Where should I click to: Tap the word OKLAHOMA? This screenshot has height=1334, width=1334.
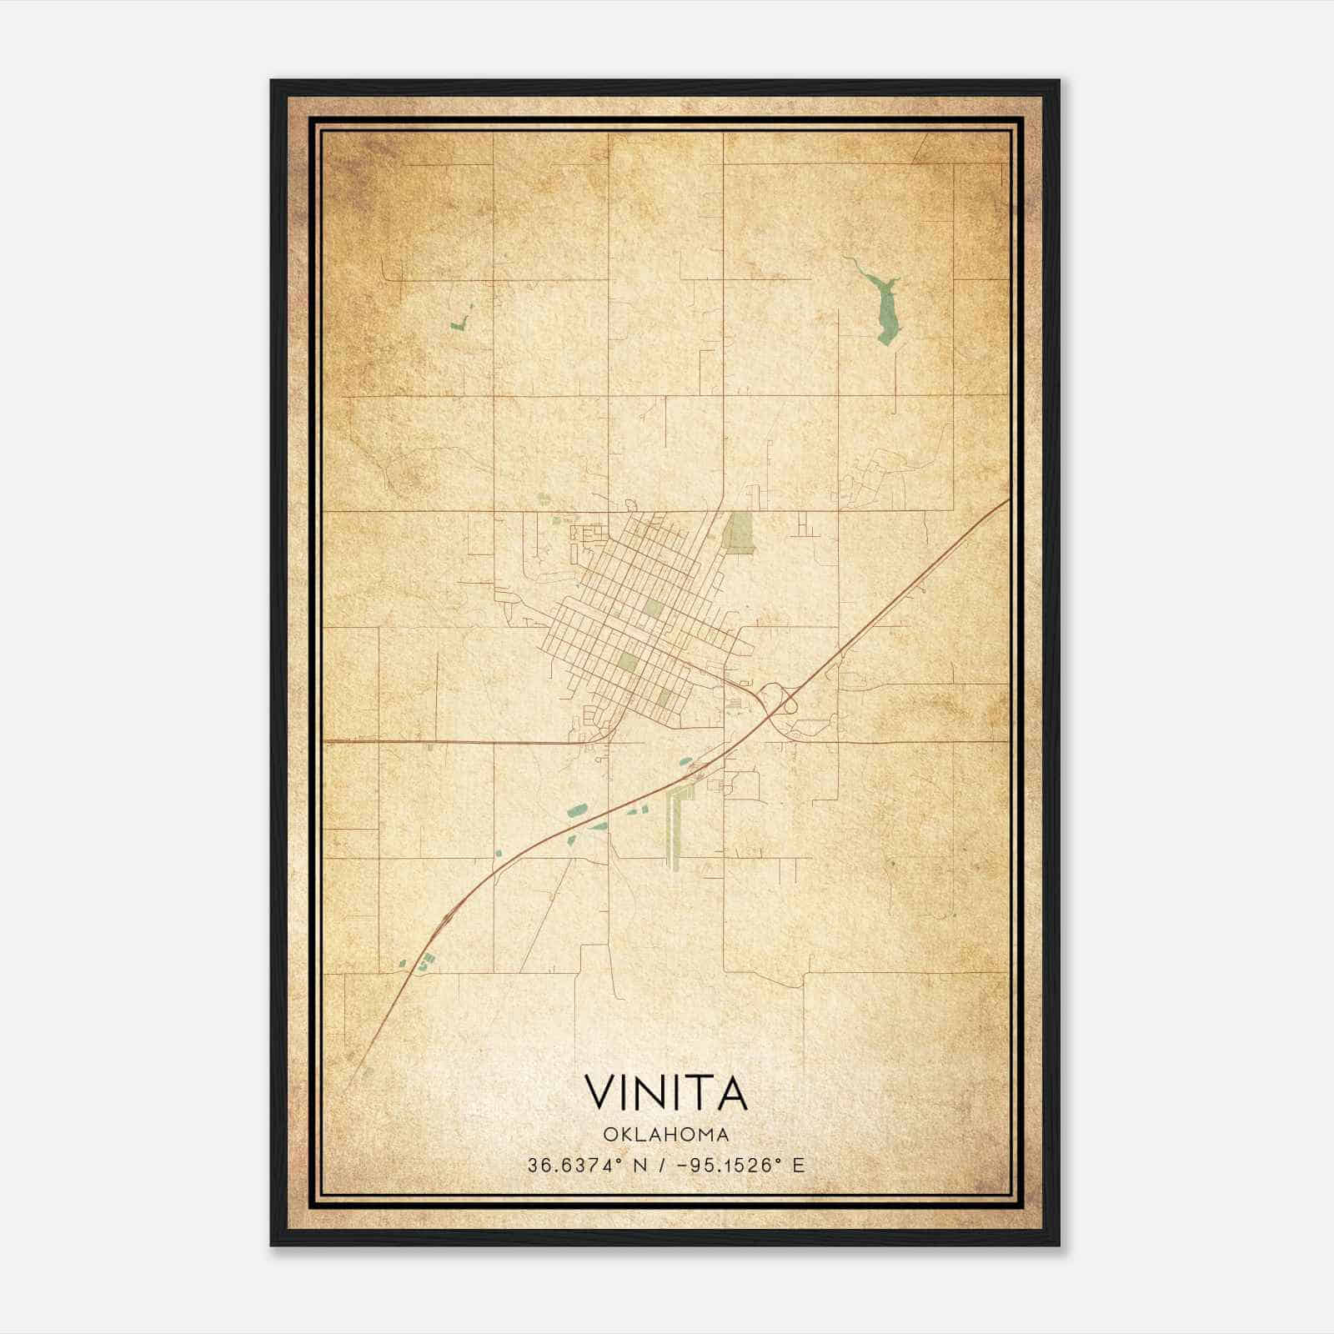click(x=665, y=1135)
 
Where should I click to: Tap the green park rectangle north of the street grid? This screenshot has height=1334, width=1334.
click(x=739, y=532)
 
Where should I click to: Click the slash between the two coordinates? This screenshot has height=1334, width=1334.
click(x=660, y=1166)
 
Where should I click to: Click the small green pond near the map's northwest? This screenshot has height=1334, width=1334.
click(x=459, y=320)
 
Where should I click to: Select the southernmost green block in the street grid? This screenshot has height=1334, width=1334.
click(x=664, y=697)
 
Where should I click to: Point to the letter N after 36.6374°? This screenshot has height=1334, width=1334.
click(x=640, y=1166)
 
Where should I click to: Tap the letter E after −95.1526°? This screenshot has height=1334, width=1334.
click(x=798, y=1166)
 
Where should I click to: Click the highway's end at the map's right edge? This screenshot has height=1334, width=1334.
click(x=1006, y=501)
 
